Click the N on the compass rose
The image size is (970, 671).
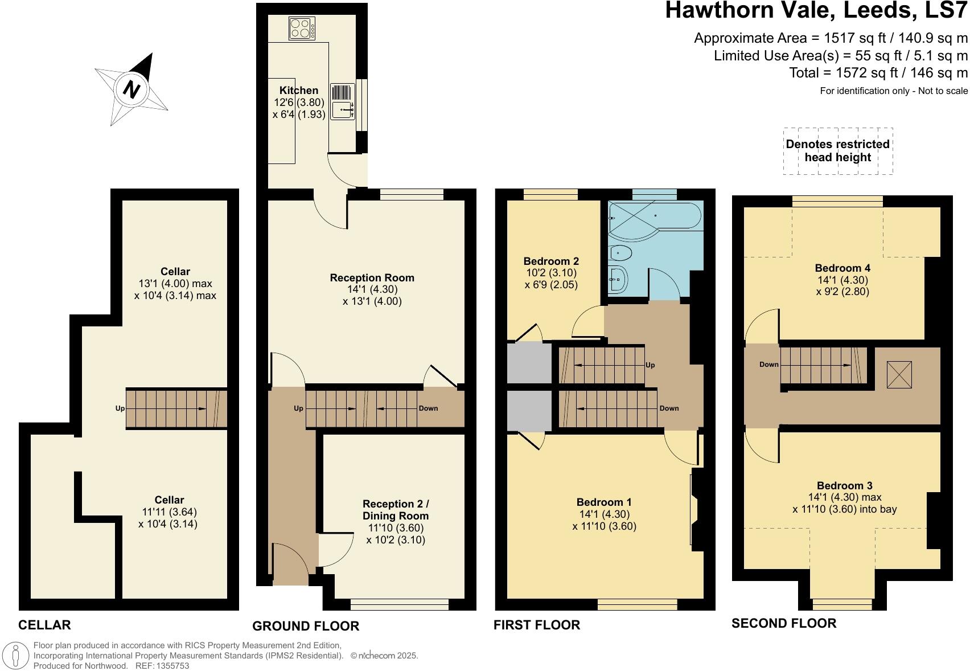click(x=132, y=89)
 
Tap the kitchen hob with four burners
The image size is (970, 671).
click(x=302, y=28)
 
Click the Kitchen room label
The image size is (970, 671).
click(x=299, y=90)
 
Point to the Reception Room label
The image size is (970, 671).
click(x=372, y=278)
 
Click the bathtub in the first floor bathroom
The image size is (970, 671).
click(x=655, y=220)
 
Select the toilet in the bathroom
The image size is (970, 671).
click(x=620, y=252)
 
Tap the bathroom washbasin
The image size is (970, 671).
click(x=618, y=279)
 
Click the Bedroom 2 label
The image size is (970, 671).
click(x=551, y=261)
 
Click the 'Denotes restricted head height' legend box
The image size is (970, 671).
click(x=837, y=151)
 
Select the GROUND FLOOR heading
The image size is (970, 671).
click(x=306, y=626)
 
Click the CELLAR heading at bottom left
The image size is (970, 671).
click(x=45, y=625)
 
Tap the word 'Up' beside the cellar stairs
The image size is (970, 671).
click(x=120, y=408)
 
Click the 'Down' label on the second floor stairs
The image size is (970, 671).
click(x=768, y=365)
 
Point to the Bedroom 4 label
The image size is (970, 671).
click(x=842, y=268)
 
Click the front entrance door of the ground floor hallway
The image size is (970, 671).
click(x=290, y=564)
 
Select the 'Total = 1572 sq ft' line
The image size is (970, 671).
click(x=878, y=73)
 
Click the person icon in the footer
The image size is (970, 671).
click(x=17, y=656)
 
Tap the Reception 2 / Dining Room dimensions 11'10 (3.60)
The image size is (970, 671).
click(x=395, y=528)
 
